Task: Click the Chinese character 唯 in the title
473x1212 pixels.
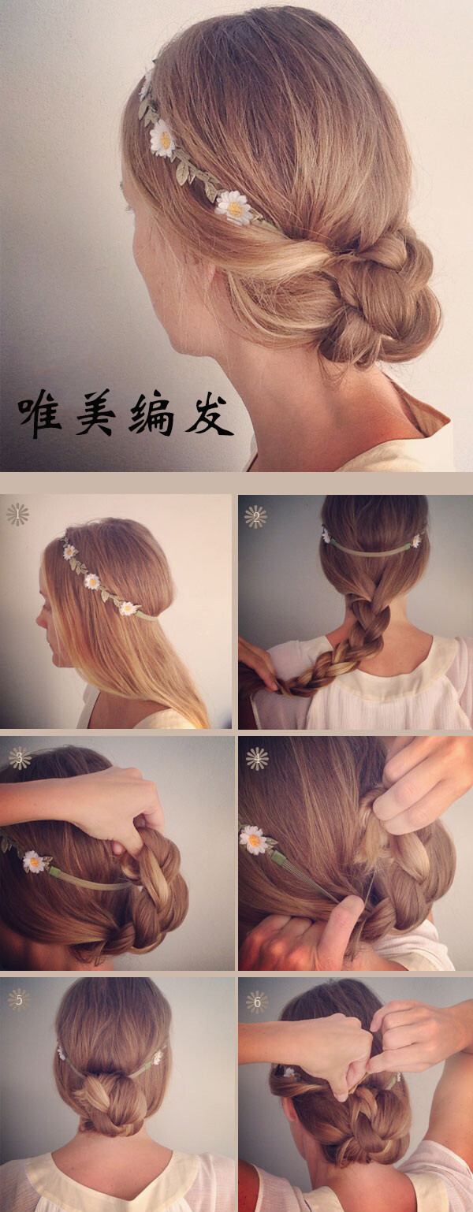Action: (40, 412)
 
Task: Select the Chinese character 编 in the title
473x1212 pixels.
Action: (151, 414)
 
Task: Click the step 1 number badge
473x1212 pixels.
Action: (17, 515)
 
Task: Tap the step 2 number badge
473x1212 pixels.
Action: (255, 517)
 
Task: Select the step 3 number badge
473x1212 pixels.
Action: (19, 758)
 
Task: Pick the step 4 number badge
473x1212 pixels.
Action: (257, 759)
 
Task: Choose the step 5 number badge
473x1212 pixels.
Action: (18, 999)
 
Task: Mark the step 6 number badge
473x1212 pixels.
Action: (257, 1002)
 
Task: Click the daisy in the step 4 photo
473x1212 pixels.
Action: (253, 839)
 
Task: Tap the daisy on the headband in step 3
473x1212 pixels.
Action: (34, 861)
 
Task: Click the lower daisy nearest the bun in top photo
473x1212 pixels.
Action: (233, 207)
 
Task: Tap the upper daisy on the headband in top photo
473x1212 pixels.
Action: (163, 139)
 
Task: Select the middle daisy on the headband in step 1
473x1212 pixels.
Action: (92, 582)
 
